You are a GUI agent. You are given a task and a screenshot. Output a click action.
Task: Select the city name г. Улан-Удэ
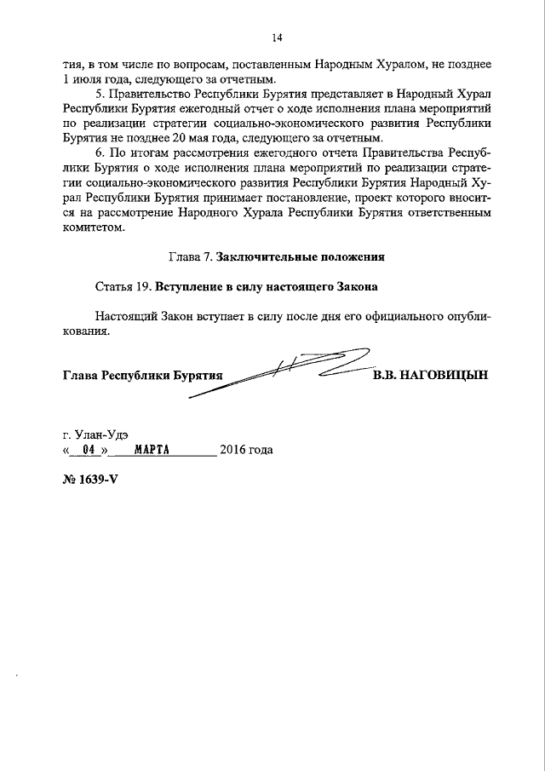pos(96,433)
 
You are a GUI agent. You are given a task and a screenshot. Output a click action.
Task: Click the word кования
pos(86,332)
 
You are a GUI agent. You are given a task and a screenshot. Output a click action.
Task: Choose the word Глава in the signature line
pos(80,375)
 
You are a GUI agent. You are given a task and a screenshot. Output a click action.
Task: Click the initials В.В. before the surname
pos(386,374)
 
